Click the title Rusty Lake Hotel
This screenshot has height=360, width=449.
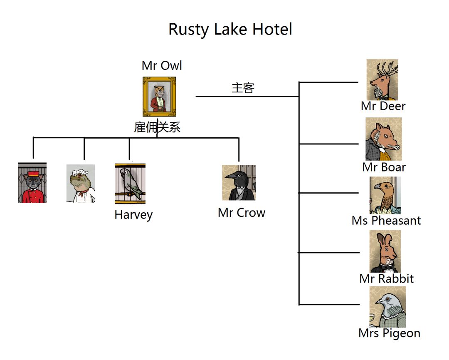pyautogui.click(x=230, y=30)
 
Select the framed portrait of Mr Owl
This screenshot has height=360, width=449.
pyautogui.click(x=159, y=97)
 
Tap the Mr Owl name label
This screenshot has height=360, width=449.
pyautogui.click(x=162, y=66)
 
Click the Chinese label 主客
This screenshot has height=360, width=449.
pyautogui.click(x=243, y=88)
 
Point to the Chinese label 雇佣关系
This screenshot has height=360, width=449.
pyautogui.click(x=157, y=127)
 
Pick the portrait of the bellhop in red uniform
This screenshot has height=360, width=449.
pyautogui.click(x=32, y=183)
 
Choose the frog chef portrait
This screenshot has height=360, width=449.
pyautogui.click(x=80, y=184)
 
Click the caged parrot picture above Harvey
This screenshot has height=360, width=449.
pyautogui.click(x=130, y=184)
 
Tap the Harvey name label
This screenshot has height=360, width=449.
pyautogui.click(x=133, y=215)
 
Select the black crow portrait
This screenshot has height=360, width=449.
pyautogui.click(x=239, y=182)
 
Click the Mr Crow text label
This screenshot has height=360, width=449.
pyautogui.click(x=242, y=213)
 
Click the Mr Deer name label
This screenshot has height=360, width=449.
pyautogui.click(x=383, y=106)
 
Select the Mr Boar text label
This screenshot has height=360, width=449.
pyautogui.click(x=384, y=167)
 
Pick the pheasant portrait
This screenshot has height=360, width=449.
pyautogui.click(x=385, y=195)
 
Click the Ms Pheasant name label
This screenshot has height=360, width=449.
pyautogui.click(x=386, y=221)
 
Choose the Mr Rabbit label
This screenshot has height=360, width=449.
pyautogui.click(x=387, y=278)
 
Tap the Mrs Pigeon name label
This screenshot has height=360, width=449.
pyautogui.click(x=389, y=333)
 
